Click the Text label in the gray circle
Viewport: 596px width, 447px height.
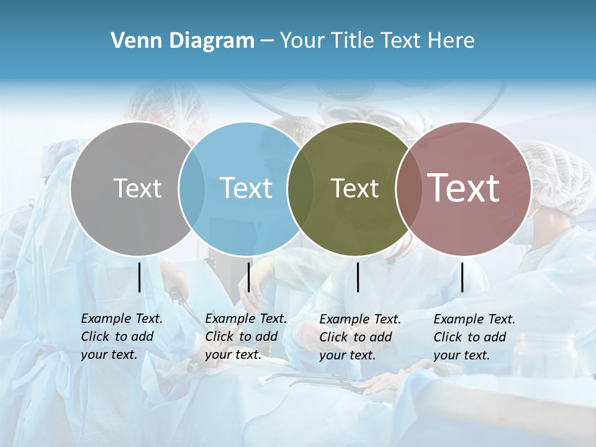(x=138, y=188)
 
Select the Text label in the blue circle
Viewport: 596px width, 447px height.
(x=246, y=188)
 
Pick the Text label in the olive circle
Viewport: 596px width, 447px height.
(x=355, y=188)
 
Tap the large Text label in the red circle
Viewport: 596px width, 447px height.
(x=464, y=188)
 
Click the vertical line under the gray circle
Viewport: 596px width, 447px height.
(x=139, y=277)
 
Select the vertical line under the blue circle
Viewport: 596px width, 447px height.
(x=248, y=277)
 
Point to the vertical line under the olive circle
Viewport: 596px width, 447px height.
(x=358, y=277)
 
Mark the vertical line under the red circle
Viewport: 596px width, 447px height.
(x=462, y=277)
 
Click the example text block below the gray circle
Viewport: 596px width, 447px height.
(x=122, y=336)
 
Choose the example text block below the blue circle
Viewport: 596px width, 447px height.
(x=246, y=336)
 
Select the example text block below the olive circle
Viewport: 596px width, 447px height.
(x=360, y=337)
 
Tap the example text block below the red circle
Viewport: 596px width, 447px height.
(x=474, y=337)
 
